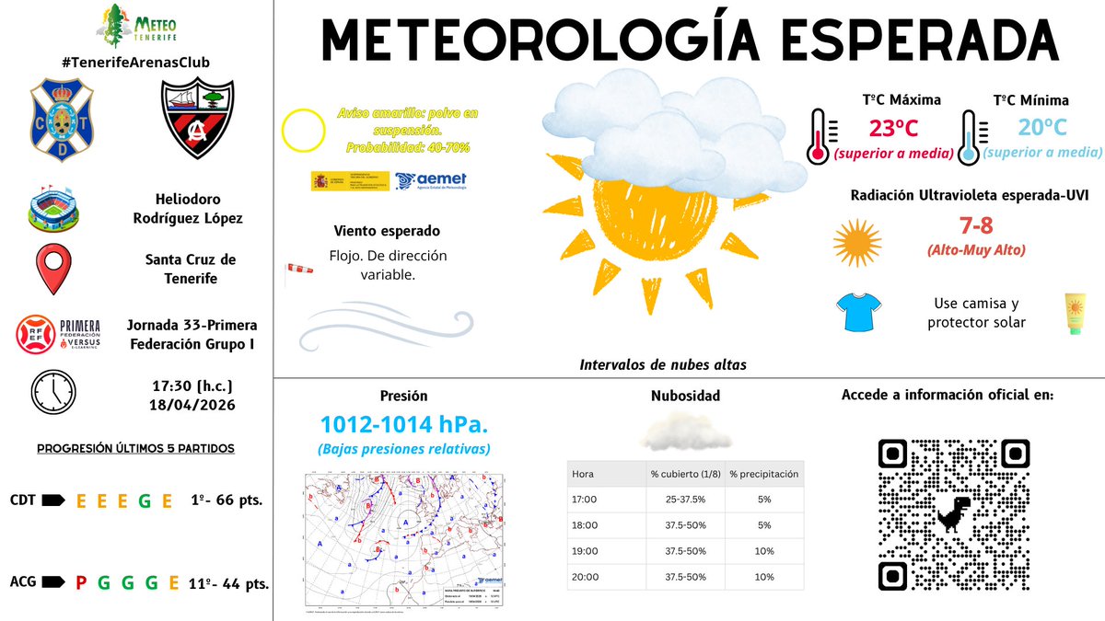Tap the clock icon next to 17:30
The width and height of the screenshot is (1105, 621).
(x=54, y=391)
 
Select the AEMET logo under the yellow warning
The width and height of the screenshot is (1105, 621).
(x=431, y=180)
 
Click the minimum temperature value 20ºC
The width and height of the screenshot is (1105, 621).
(x=1043, y=128)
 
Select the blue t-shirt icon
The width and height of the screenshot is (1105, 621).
(x=858, y=313)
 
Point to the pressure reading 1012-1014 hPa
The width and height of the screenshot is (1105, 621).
(x=403, y=425)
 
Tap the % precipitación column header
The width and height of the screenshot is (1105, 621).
(x=763, y=475)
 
